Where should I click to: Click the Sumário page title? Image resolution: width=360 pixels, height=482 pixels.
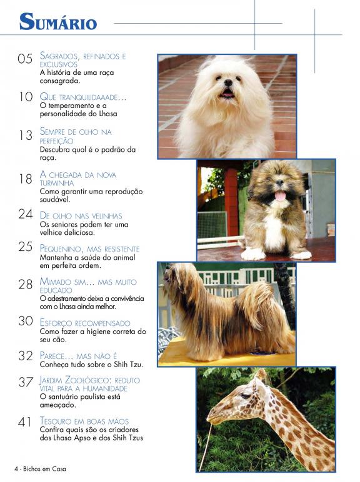(58, 21)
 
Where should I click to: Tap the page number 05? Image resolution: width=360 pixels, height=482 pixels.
(25, 59)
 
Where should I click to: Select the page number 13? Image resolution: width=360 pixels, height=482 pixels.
(25, 135)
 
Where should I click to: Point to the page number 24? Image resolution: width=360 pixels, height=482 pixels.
(25, 214)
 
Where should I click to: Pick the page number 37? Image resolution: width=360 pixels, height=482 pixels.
(25, 382)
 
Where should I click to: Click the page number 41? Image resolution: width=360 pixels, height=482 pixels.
(24, 422)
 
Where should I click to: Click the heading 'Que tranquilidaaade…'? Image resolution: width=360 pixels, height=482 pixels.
(83, 97)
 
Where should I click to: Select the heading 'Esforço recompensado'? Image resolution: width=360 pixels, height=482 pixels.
(85, 323)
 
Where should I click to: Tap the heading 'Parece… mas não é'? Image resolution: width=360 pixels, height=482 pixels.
(78, 356)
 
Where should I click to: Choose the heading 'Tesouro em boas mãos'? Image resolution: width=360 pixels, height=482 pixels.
(84, 421)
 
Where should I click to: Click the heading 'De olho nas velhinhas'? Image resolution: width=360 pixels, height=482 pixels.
(81, 215)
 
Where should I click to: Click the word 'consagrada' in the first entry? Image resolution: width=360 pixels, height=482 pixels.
(59, 81)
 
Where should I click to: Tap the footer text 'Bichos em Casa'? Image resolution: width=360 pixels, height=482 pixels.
(44, 469)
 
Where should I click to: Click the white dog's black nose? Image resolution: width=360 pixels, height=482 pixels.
(228, 82)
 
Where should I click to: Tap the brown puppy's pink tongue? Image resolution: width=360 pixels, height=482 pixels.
(280, 195)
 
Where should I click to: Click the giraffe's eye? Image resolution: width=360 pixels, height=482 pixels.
(245, 396)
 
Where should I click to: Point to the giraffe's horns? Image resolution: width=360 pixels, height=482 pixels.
(261, 374)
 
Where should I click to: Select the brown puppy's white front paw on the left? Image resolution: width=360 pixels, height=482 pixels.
(253, 254)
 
